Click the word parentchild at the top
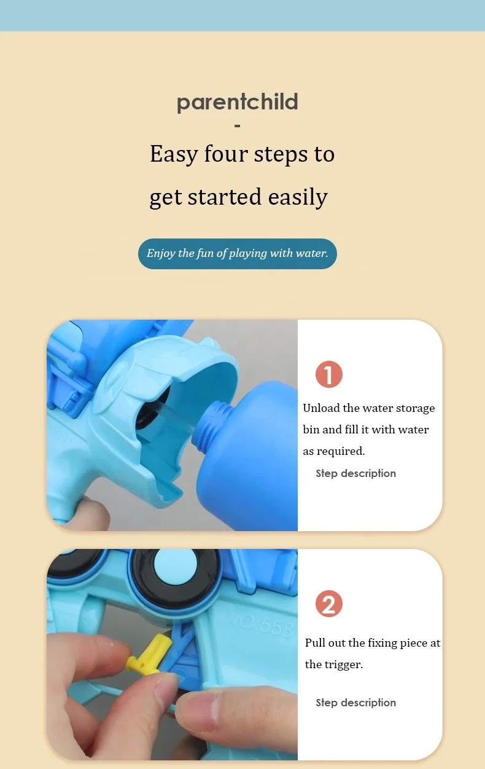coord(237,103)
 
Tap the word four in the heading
coord(226,154)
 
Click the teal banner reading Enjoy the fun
coord(237,254)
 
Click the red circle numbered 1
coord(328,374)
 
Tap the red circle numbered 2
coord(328,604)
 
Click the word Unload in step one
coord(321,408)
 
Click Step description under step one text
coord(356,474)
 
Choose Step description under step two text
coord(356,703)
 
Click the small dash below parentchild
coord(237,126)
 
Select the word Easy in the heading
coord(174,154)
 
